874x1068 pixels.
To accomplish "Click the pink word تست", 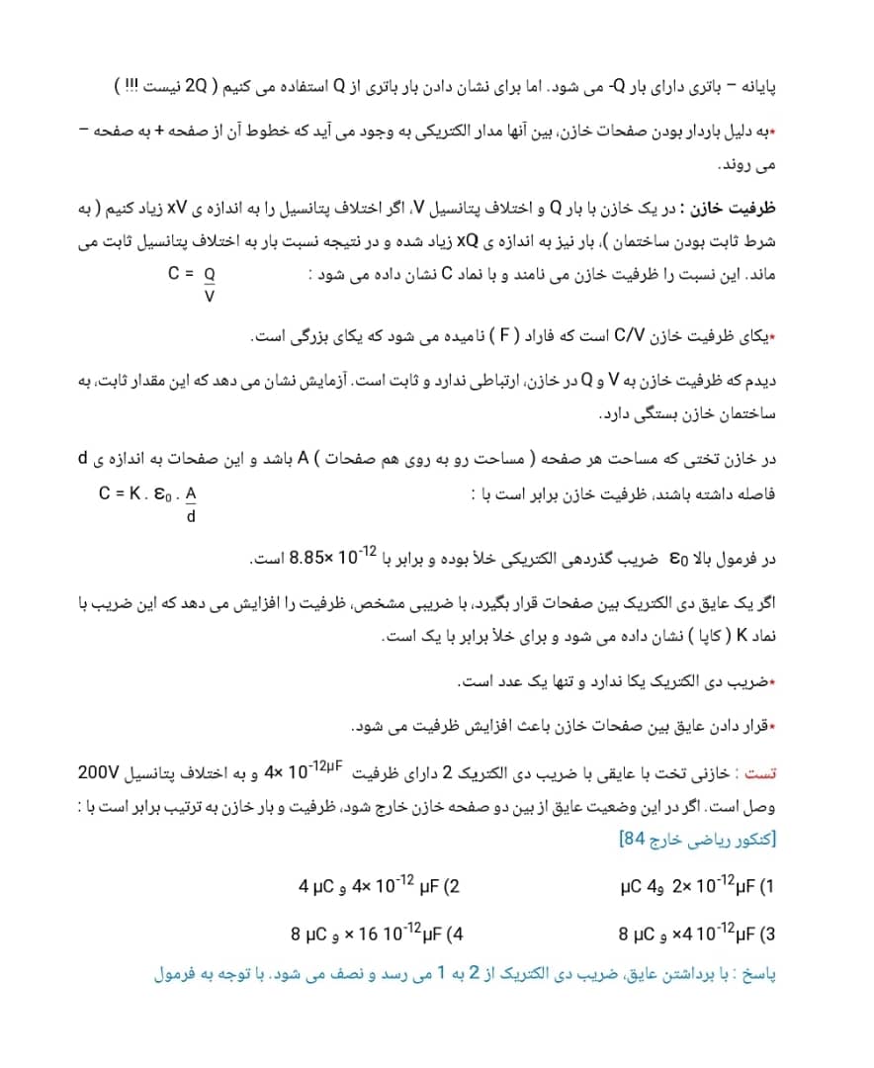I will point(762,771).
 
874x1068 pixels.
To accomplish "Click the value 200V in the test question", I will point(100,771).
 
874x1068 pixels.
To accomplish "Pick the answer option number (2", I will point(451,885).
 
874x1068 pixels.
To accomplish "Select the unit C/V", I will point(629,337).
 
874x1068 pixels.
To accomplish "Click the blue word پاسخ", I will point(758,975).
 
